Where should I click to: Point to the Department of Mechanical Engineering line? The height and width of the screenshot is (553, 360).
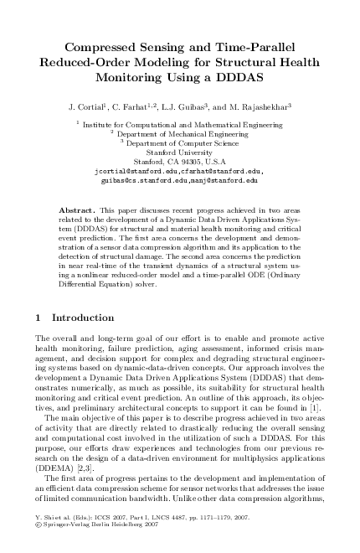click(179, 133)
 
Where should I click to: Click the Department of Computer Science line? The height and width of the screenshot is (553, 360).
click(181, 142)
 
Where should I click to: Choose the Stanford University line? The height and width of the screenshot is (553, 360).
click(179, 152)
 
